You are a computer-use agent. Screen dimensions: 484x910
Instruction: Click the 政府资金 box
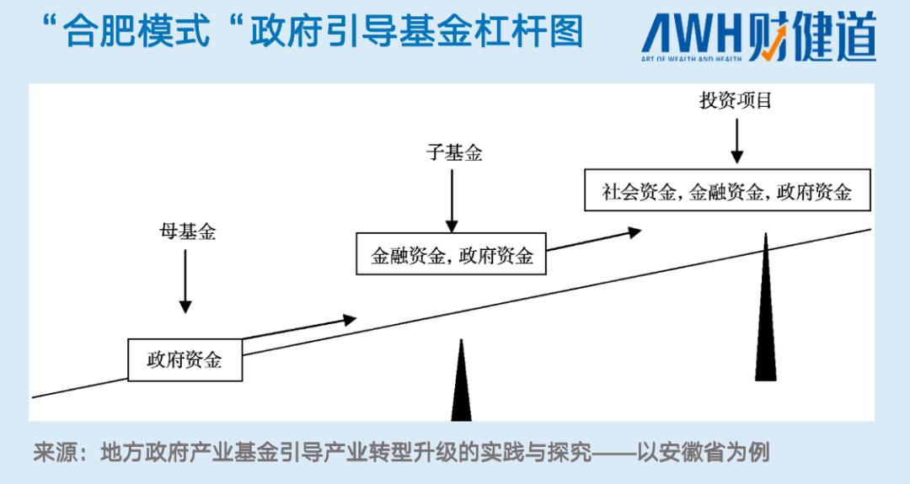pyautogui.click(x=185, y=360)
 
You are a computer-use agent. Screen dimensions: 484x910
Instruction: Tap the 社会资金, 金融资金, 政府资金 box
pyautogui.click(x=726, y=191)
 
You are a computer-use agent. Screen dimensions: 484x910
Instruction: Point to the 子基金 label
pyautogui.click(x=454, y=153)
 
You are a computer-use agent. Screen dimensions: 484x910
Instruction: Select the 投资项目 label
pyautogui.click(x=736, y=101)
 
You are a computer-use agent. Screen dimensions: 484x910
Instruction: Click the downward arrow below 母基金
pyautogui.click(x=185, y=281)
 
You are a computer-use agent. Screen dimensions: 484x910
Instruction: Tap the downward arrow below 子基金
pyautogui.click(x=452, y=200)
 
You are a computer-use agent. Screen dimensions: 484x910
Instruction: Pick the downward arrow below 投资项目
pyautogui.click(x=737, y=141)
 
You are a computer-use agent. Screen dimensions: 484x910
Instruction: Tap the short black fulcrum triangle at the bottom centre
pyautogui.click(x=461, y=383)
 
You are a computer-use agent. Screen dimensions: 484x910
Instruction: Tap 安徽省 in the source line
pyautogui.click(x=692, y=453)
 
